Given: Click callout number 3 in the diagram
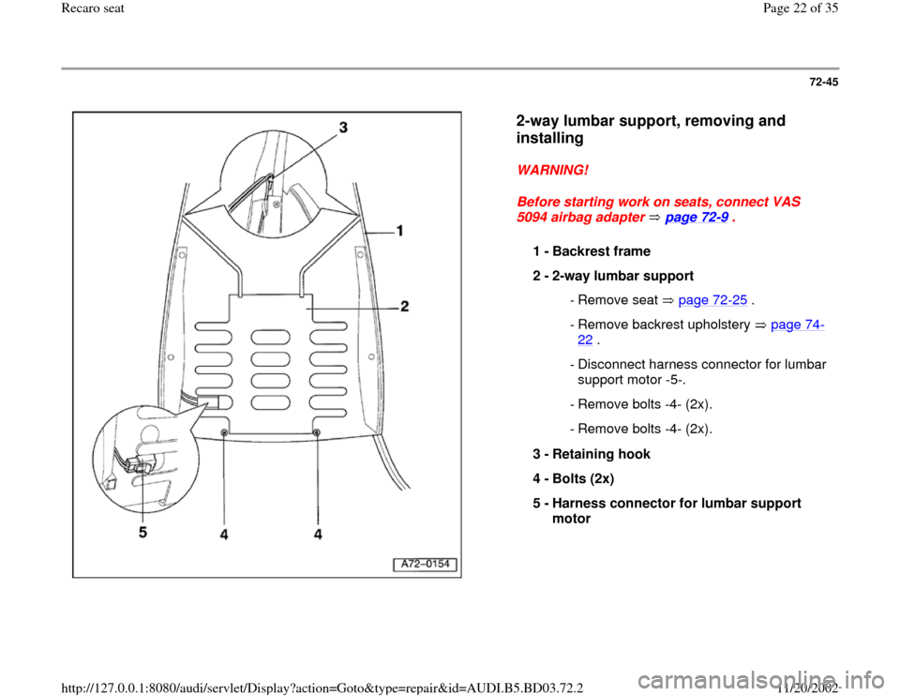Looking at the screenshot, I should click(x=343, y=129).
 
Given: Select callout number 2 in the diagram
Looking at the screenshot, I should click(x=405, y=307).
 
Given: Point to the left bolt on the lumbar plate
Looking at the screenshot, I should click(x=226, y=431).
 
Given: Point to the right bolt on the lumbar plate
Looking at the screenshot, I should click(x=318, y=432).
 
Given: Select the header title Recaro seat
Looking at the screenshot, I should click(x=35, y=8).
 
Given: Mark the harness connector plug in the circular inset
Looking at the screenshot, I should click(x=141, y=463).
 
